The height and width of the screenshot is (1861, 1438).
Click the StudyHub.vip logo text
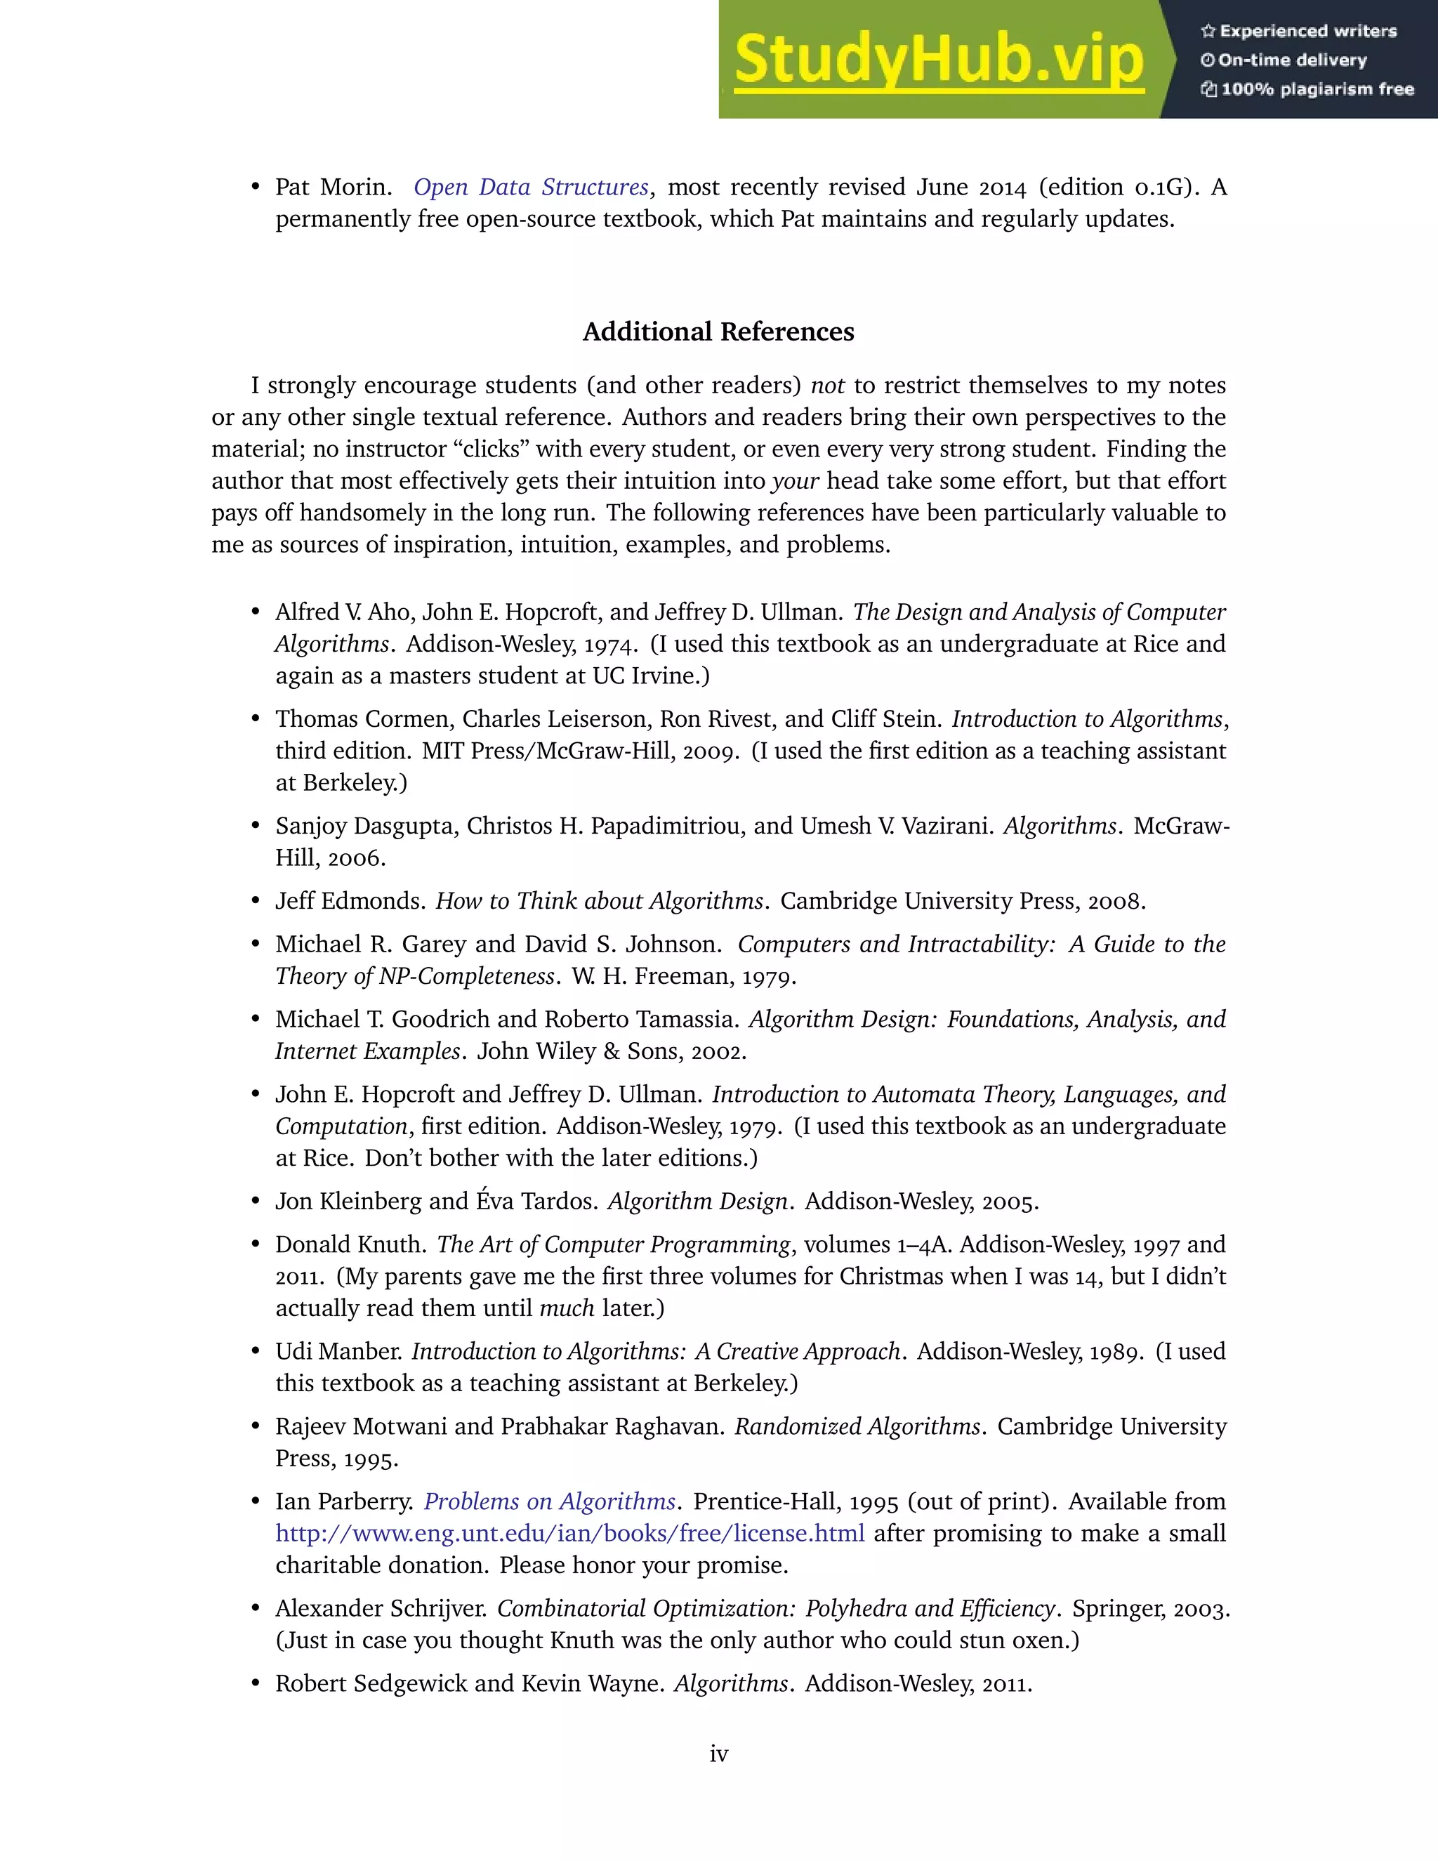[938, 60]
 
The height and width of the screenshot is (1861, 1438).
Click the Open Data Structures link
[531, 187]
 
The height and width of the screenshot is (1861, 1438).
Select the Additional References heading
[718, 331]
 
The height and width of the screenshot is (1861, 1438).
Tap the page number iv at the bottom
[718, 1754]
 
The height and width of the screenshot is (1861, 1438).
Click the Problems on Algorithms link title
[550, 1501]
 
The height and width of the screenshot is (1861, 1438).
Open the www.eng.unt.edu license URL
[569, 1533]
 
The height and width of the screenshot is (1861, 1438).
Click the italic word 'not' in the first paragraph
[826, 385]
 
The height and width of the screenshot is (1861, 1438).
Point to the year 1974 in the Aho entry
[611, 643]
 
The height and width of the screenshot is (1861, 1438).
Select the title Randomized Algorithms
[857, 1426]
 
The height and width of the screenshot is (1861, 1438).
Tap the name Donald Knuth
[348, 1244]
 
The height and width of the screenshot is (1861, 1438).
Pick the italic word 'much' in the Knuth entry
[566, 1308]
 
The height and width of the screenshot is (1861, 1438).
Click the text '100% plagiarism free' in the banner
[1317, 89]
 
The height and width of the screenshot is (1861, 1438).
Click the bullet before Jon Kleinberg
[255, 1202]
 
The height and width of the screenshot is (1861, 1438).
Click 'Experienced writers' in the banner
[1307, 32]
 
